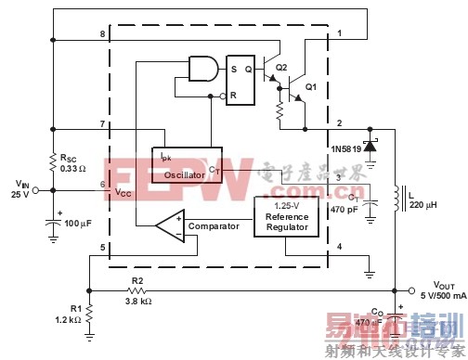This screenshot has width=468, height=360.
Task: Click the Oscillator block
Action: coord(187,164)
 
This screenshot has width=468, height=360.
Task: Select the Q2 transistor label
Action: coord(281,68)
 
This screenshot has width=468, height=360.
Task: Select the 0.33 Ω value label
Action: coord(72,167)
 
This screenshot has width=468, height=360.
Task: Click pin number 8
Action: coord(102,34)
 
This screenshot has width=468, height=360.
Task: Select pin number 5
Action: coord(102,246)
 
